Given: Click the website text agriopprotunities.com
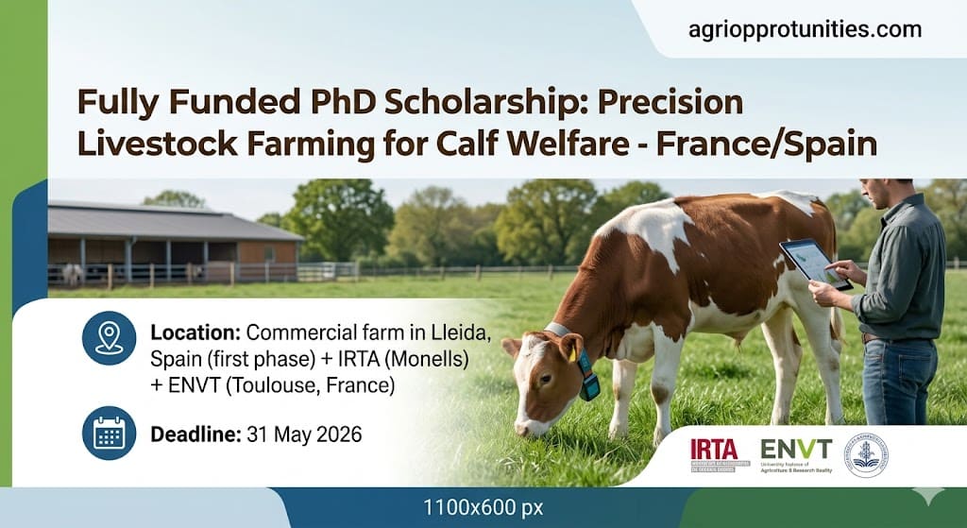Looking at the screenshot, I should (x=805, y=29).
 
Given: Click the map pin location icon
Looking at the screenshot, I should (x=109, y=338).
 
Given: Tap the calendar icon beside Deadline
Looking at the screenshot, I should (x=109, y=434).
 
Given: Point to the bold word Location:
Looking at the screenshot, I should (x=195, y=332).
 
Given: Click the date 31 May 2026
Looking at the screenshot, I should (x=304, y=435).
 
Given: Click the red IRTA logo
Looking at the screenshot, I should (x=714, y=449).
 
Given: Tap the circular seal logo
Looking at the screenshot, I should (x=865, y=454).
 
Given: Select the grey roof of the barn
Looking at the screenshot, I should (x=175, y=223).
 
